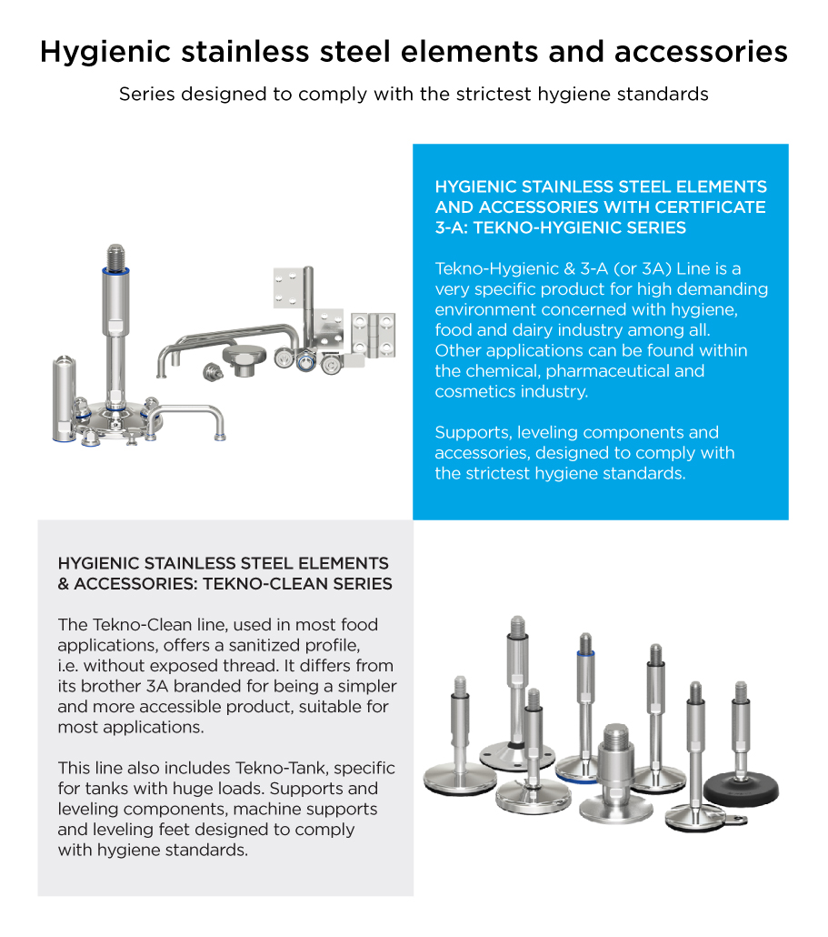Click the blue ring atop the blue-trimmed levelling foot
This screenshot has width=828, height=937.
[585, 654]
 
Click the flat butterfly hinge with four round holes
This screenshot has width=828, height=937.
[374, 335]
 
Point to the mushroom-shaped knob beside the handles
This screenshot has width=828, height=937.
[244, 359]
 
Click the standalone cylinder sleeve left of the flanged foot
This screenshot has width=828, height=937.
[64, 398]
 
